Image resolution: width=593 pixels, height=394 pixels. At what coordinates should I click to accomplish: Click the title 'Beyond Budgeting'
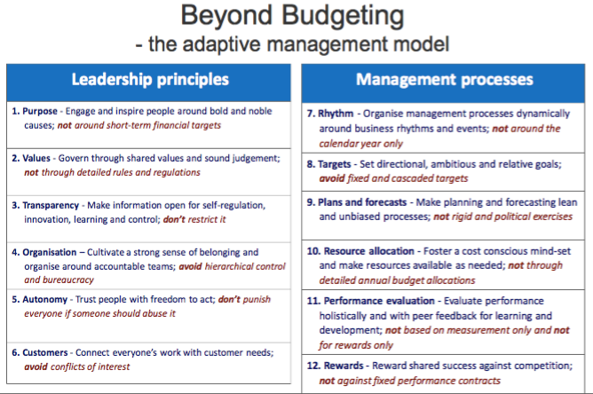[x=292, y=16]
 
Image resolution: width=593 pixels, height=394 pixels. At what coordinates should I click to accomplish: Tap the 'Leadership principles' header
[x=150, y=80]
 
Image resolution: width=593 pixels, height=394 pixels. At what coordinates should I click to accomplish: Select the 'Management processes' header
[x=445, y=80]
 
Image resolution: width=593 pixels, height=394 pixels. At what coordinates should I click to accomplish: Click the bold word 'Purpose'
[x=40, y=111]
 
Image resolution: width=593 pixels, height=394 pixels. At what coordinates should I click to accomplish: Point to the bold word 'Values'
[x=36, y=158]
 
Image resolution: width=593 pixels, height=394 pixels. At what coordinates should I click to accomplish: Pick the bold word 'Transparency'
[x=51, y=205]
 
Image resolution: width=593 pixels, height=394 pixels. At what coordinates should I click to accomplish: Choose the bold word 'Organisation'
[x=50, y=252]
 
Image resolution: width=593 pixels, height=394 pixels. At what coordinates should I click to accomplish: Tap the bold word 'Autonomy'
[x=44, y=299]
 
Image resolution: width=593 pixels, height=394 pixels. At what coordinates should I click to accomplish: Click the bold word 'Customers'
[x=45, y=352]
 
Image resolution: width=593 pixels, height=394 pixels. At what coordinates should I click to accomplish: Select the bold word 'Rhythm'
[x=336, y=114]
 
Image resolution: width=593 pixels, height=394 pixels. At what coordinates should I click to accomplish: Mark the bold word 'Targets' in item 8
[x=335, y=164]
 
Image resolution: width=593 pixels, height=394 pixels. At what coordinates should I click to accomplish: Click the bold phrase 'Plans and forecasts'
[x=362, y=202]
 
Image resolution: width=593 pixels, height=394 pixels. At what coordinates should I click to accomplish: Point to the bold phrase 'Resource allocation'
[x=368, y=251]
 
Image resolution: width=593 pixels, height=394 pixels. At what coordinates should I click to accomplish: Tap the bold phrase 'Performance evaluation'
[x=379, y=301]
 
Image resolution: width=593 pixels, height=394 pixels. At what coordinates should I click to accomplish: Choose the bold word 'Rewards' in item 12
[x=344, y=366]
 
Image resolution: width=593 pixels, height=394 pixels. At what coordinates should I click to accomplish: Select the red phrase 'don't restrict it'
[x=194, y=219]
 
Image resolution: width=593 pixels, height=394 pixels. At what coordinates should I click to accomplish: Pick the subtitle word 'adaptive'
[x=221, y=43]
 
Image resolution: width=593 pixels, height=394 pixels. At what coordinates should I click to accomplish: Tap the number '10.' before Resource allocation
[x=313, y=251]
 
